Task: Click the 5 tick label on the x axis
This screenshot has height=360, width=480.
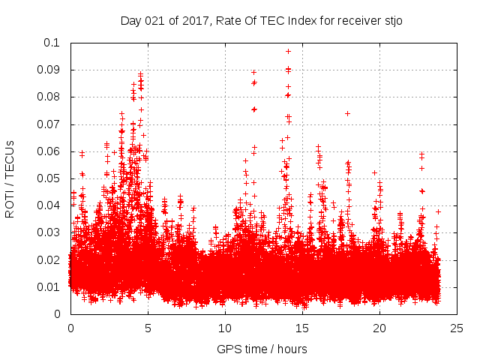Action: pos(148,328)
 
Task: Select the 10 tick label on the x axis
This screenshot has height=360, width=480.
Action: pos(225,328)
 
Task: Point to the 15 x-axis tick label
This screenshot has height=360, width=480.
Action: pos(302,328)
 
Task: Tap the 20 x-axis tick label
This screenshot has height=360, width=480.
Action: pos(379,328)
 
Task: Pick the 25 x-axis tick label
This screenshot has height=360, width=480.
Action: pos(457,328)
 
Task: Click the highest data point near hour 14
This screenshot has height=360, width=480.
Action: pos(288,51)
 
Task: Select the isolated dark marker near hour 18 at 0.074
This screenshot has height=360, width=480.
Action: pos(347,113)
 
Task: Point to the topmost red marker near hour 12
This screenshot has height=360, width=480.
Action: pos(253,72)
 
